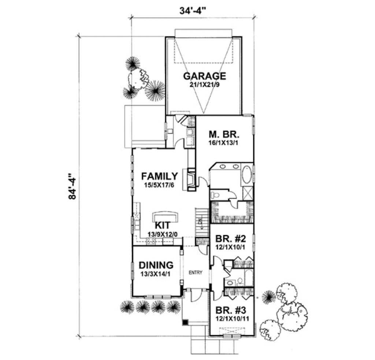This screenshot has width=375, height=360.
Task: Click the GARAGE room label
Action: (204, 76)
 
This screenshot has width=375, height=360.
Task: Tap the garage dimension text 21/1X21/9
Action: (204, 85)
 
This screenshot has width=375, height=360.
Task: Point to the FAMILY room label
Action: (160, 177)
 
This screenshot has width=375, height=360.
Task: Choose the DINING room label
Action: (156, 265)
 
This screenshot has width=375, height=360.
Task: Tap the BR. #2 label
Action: (231, 239)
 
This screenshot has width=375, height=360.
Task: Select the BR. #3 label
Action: (231, 310)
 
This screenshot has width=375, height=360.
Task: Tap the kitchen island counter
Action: (166, 216)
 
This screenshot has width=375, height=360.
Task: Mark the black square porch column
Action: (186, 322)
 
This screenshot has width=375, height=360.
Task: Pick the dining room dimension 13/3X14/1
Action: (156, 274)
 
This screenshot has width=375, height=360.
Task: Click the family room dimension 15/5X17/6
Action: (160, 185)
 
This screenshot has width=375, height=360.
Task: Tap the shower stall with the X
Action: (248, 192)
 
